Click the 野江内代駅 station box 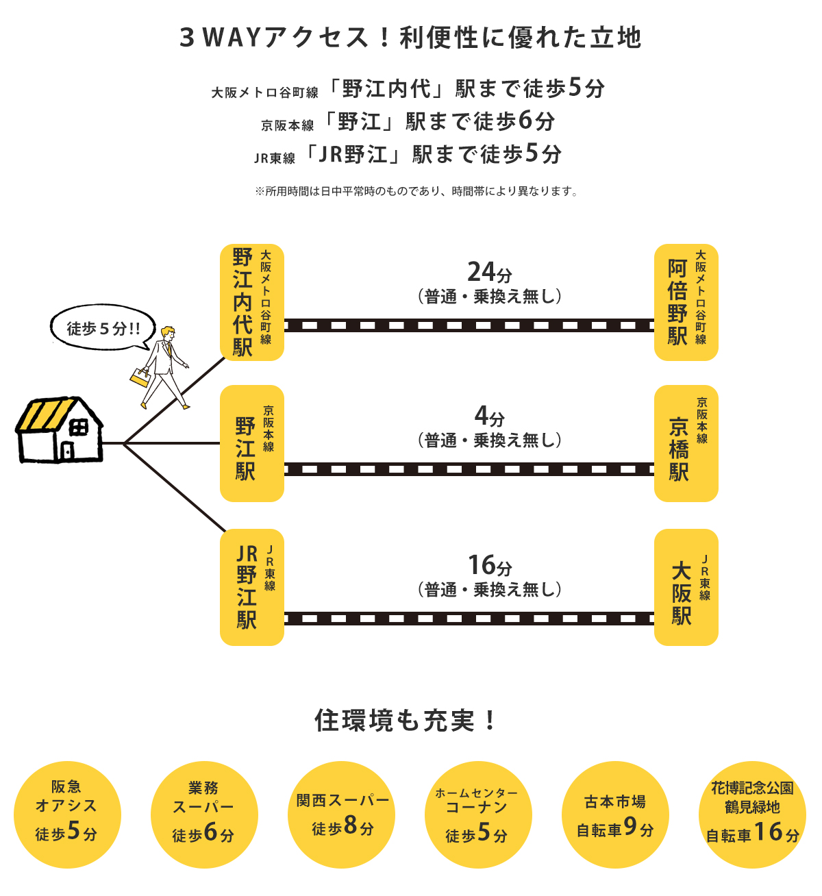pos(252,302)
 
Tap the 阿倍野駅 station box pos(686,302)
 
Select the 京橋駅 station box pos(686,443)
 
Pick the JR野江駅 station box pos(252,587)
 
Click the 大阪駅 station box pos(686,587)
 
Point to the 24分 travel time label pos(490,272)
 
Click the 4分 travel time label pos(490,416)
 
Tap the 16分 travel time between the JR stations pos(490,565)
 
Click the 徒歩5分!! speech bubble pos(103,327)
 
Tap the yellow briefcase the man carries pos(140,378)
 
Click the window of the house pos(79,428)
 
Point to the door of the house pos(67,451)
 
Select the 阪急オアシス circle pos(67,814)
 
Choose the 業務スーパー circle pos(204,814)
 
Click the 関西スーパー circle pos(341,814)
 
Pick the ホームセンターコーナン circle pos(478,814)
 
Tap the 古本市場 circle pos(615,814)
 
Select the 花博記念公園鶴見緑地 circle pos(752,814)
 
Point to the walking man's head pos(168,333)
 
